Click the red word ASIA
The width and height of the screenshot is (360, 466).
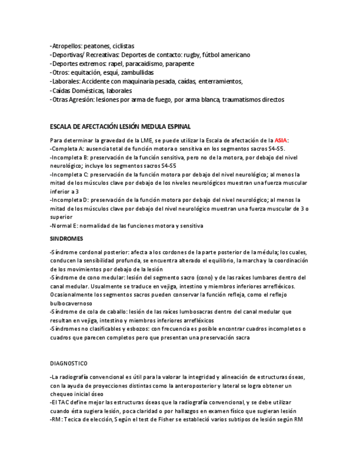point(281,140)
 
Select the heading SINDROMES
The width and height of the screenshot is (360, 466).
point(66,239)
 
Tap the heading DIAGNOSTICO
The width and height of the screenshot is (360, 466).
point(68,364)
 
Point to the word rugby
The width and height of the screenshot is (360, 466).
point(191,55)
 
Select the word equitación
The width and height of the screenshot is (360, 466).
point(88,73)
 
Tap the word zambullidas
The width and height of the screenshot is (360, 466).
point(137,73)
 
